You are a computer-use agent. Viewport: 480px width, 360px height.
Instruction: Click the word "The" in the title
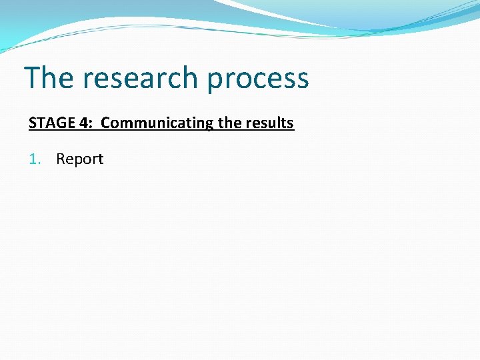click(x=49, y=78)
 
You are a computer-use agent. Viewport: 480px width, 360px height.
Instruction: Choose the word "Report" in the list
click(x=80, y=159)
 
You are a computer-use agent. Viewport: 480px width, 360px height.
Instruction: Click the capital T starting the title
click(x=32, y=78)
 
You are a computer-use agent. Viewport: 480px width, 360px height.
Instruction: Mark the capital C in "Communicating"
click(x=105, y=123)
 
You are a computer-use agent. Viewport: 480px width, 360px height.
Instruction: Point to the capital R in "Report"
click(x=60, y=159)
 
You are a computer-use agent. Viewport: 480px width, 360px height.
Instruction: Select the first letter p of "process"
click(x=215, y=81)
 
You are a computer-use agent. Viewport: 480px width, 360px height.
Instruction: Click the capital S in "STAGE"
click(x=32, y=123)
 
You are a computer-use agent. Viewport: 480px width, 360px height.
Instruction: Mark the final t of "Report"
click(x=101, y=159)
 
